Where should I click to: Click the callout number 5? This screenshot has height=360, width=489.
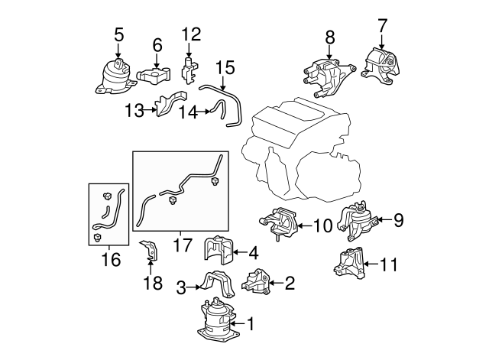click(119, 34)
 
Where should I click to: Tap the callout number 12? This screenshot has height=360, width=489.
click(191, 34)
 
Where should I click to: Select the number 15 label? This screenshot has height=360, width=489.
click(225, 68)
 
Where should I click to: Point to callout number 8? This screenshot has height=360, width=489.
click(329, 37)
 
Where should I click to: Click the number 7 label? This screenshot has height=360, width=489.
click(382, 26)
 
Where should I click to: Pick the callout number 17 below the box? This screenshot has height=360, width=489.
click(183, 245)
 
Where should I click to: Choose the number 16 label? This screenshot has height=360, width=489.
click(111, 260)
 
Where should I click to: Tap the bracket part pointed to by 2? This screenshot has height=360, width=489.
click(256, 281)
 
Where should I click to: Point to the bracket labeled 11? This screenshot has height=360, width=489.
click(348, 263)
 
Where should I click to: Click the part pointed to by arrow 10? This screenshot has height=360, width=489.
click(279, 222)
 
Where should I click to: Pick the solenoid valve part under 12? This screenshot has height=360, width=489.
click(189, 70)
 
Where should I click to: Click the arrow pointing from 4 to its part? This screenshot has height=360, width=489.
click(241, 252)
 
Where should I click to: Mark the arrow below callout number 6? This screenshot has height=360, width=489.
click(157, 60)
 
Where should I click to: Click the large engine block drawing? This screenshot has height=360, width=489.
click(301, 150)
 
